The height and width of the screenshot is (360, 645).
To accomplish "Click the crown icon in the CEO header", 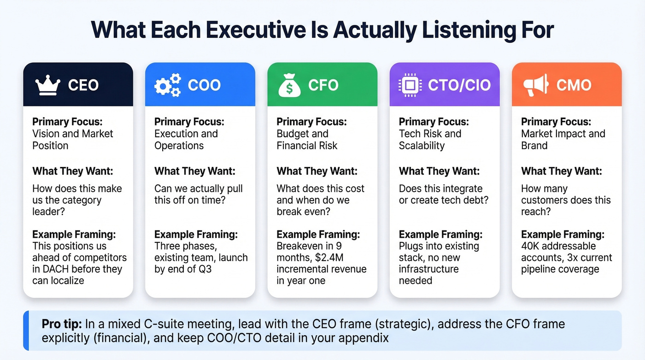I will [47, 85].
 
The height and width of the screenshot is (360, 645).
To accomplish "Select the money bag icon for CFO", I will [289, 85].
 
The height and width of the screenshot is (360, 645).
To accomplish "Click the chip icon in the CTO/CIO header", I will [409, 85].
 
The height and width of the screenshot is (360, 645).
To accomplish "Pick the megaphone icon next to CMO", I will [535, 85].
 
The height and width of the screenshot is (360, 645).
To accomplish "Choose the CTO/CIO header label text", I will [459, 85].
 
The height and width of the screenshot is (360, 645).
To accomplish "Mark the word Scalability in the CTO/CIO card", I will [422, 146].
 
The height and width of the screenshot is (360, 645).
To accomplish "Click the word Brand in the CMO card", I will [534, 146].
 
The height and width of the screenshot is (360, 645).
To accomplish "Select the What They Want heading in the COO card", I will [194, 171].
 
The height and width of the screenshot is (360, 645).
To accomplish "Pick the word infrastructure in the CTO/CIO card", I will [428, 269].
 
